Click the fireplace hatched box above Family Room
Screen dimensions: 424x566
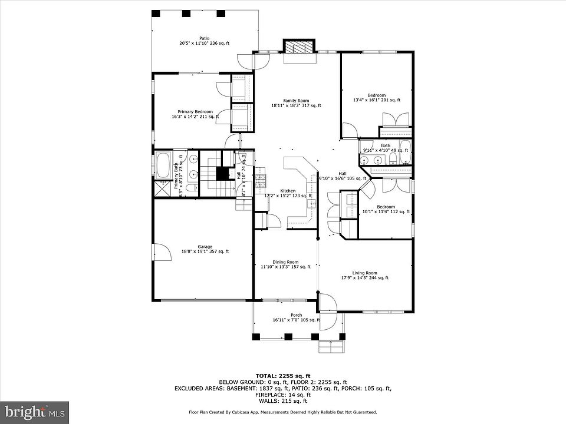[300, 47]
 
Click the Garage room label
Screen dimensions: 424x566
[205, 247]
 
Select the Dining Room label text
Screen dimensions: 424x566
[285, 262]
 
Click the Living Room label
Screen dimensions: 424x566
[364, 273]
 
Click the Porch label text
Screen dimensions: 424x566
[296, 315]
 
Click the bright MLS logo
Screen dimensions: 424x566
[34, 410]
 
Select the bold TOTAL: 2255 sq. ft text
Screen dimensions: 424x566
[283, 375]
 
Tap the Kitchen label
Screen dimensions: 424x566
[288, 191]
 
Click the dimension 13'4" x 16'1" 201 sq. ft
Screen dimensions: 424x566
[377, 100]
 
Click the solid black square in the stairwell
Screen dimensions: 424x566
[222, 174]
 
